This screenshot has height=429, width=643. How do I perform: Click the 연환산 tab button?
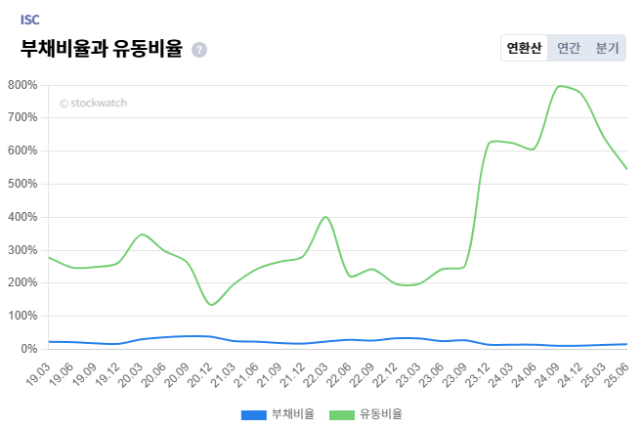pyautogui.click(x=524, y=48)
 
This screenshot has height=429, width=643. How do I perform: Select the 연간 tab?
pyautogui.click(x=569, y=48)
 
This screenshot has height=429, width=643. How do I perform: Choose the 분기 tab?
pyautogui.click(x=607, y=48)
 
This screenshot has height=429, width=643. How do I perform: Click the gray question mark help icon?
pyautogui.click(x=199, y=50)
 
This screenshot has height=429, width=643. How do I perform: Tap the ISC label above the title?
pyautogui.click(x=30, y=19)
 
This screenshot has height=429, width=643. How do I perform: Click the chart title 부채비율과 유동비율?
pyautogui.click(x=102, y=49)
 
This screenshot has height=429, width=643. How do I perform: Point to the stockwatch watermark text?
pyautogui.click(x=93, y=103)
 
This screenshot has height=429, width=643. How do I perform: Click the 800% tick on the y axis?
pyautogui.click(x=21, y=85)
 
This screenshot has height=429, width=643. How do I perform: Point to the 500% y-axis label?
pyautogui.click(x=21, y=184)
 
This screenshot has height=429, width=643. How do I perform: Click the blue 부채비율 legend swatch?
pyautogui.click(x=253, y=414)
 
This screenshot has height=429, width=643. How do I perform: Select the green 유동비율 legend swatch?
pyautogui.click(x=341, y=414)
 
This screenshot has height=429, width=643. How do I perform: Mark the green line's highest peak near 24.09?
pyautogui.click(x=560, y=86)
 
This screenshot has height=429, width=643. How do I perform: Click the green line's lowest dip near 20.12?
pyautogui.click(x=211, y=305)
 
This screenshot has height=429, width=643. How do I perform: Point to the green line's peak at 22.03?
pyautogui.click(x=325, y=217)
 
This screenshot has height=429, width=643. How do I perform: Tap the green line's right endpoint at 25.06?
pyautogui.click(x=626, y=169)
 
